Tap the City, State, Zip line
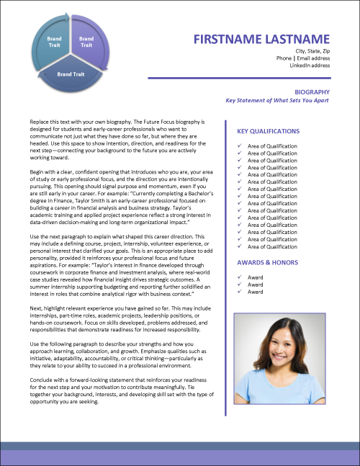312,51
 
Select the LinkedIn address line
310,66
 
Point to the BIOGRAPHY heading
312,92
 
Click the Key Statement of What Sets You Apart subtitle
277,101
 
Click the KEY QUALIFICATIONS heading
269,132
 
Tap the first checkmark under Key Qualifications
239,146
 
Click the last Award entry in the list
255,292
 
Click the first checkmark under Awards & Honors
239,277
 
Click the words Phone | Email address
302,58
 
